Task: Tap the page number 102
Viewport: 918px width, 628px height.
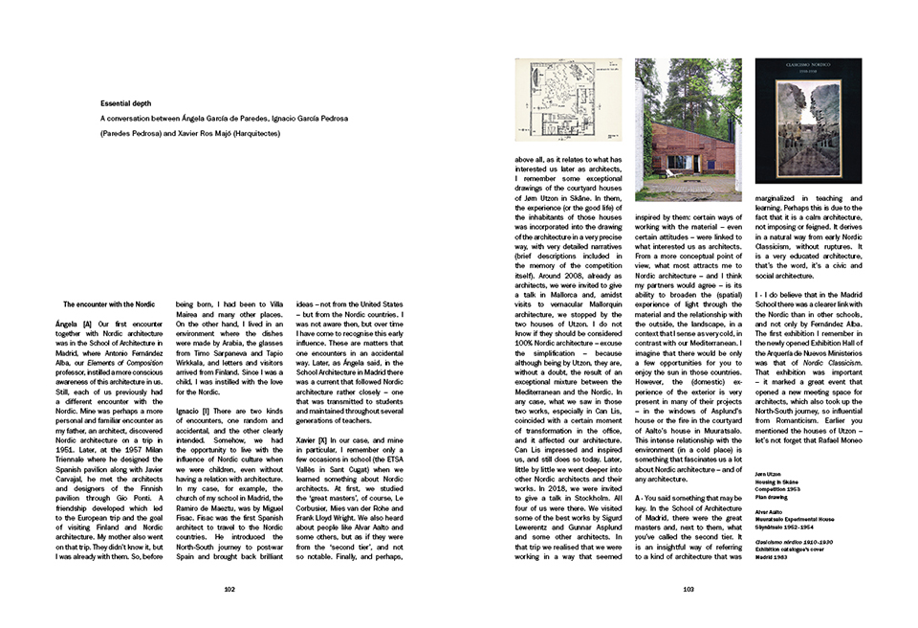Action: tap(229, 591)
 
